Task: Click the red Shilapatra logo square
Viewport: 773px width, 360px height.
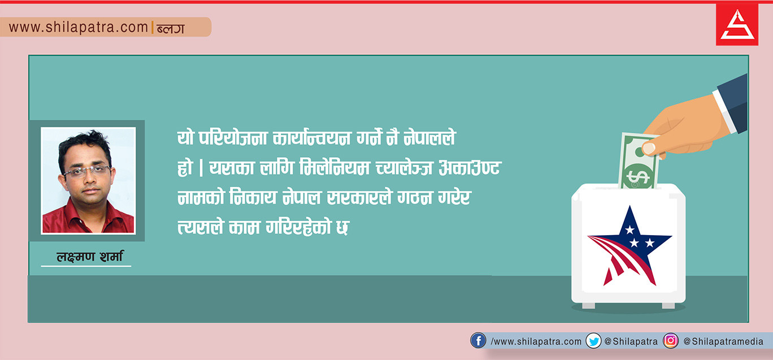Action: point(737,24)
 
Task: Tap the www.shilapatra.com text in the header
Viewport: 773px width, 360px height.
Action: point(79,27)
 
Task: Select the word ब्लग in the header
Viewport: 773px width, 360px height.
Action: point(171,28)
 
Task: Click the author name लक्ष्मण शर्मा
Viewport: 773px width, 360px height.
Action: point(89,257)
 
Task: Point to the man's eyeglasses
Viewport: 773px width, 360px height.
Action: point(87,171)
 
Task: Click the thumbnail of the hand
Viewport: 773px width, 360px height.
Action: point(649,149)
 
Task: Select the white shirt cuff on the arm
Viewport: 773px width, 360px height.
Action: point(724,111)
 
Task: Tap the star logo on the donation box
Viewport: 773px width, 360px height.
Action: point(629,246)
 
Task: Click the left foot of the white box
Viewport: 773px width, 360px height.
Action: point(588,306)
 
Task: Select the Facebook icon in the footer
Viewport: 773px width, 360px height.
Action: point(478,341)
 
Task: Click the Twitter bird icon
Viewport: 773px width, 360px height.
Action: point(593,341)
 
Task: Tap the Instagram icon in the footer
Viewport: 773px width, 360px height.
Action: point(671,341)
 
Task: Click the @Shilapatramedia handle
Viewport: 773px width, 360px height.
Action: point(723,342)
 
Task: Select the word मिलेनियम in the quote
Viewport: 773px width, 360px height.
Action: point(335,168)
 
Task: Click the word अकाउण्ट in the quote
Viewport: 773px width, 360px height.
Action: point(470,168)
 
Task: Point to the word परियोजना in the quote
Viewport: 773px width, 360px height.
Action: point(233,138)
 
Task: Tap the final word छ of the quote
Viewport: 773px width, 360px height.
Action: point(342,228)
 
